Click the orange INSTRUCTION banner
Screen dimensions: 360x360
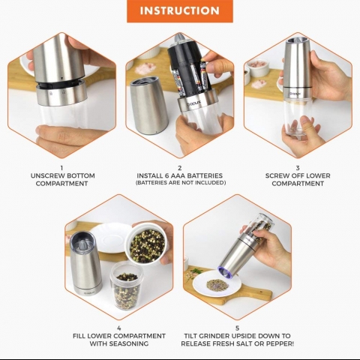180,11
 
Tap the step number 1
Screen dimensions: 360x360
61,168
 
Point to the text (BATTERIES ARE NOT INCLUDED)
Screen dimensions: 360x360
181,183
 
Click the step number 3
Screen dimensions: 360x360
298,168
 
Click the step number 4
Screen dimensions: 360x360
119,328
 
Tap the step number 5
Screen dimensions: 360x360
237,328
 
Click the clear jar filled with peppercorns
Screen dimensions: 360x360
126,286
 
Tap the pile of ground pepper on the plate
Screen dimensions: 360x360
217,284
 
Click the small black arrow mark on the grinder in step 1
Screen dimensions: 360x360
61,79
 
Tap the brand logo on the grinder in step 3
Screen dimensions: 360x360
295,94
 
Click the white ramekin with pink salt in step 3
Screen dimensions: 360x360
256,67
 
